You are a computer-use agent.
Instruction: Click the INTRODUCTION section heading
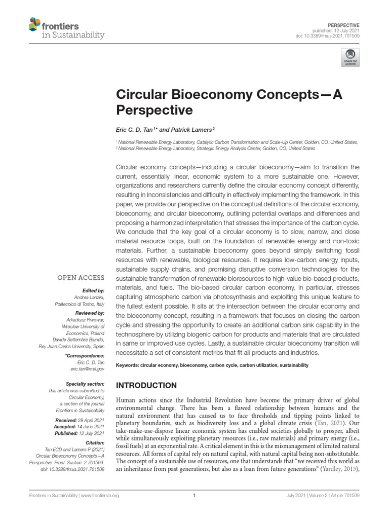pos(147,385)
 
